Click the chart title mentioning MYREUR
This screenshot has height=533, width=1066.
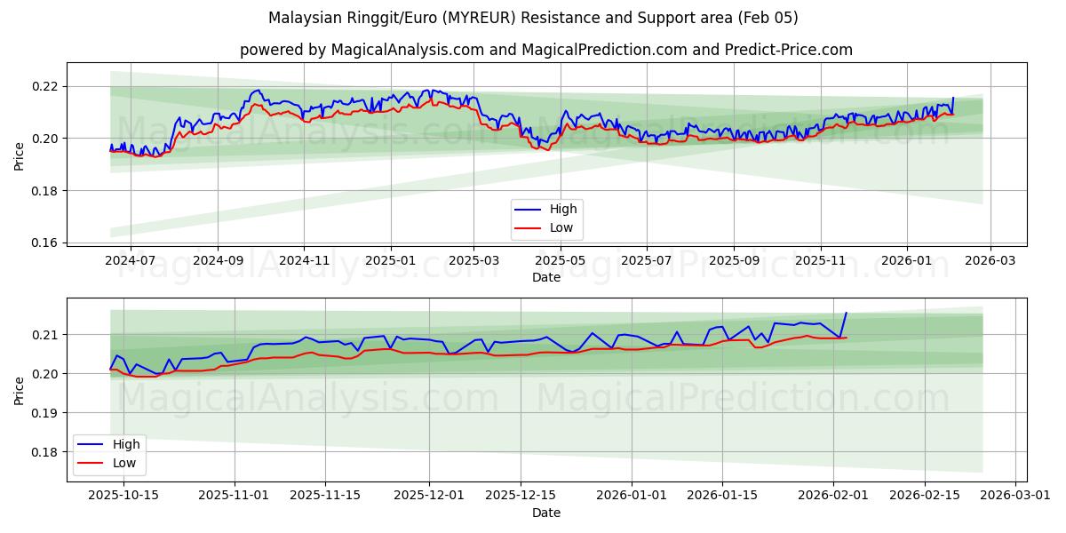(x=533, y=18)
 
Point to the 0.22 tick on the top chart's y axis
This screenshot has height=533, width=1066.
(x=44, y=86)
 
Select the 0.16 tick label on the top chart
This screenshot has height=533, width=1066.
(x=44, y=243)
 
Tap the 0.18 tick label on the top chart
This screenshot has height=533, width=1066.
(x=44, y=191)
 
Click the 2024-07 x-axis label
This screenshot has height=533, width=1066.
(x=131, y=261)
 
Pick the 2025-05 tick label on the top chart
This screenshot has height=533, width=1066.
(x=561, y=261)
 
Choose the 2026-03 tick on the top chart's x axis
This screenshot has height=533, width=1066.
(x=990, y=261)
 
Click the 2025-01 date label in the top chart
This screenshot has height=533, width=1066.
(x=391, y=261)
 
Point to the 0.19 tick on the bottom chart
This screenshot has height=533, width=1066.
(x=44, y=413)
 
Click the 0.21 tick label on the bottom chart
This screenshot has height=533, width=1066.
(x=44, y=335)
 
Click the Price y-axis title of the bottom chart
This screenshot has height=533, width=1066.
(x=20, y=390)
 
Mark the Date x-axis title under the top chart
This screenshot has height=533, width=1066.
(x=545, y=277)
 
